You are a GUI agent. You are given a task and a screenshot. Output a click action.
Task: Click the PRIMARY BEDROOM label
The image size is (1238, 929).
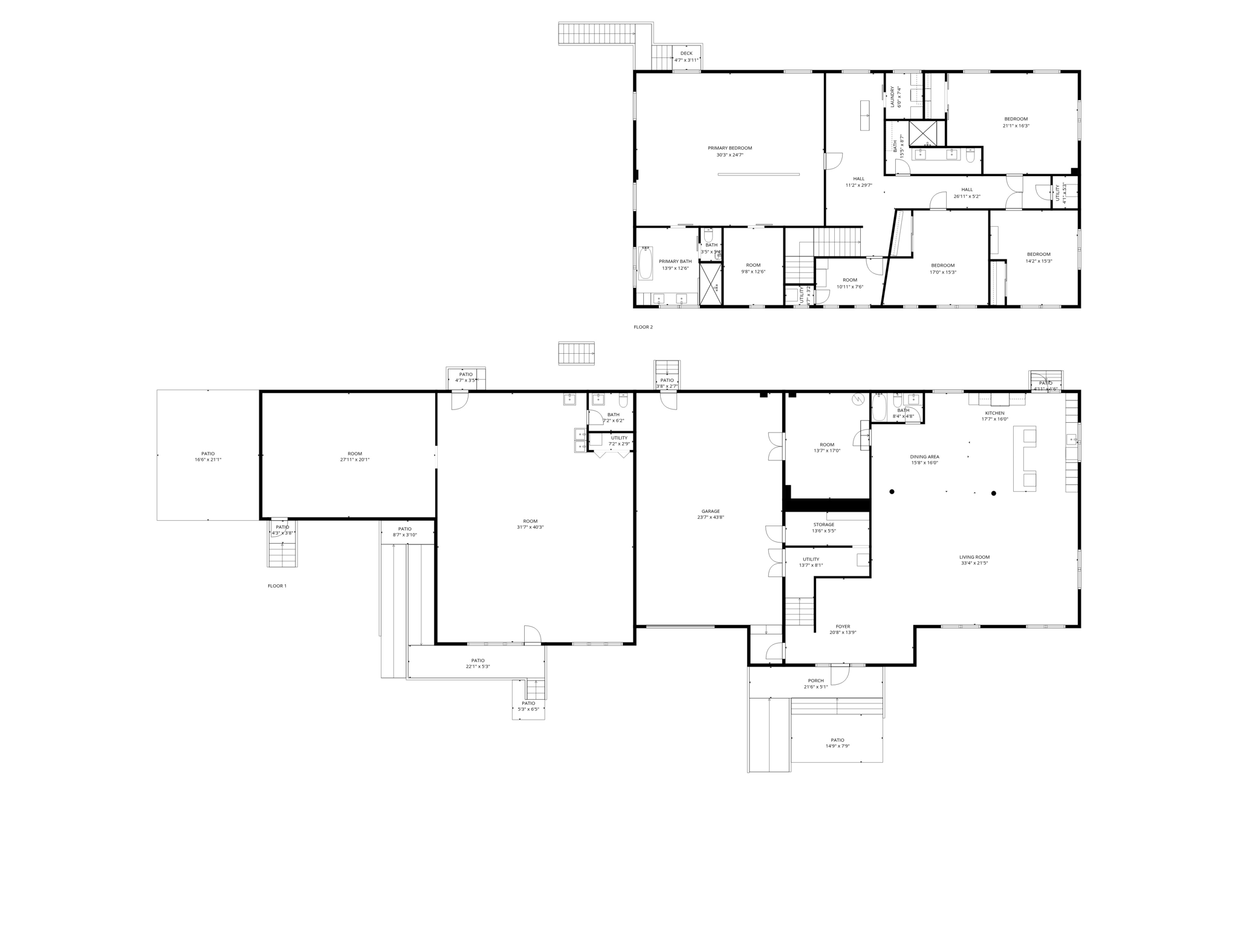[x=730, y=148]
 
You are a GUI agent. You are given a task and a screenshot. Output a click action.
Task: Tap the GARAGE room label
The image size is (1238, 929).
[x=710, y=511]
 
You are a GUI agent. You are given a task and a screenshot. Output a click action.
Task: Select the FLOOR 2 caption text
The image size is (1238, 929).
[x=643, y=327]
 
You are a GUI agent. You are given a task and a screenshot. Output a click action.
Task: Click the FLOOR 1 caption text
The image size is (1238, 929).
[x=277, y=586]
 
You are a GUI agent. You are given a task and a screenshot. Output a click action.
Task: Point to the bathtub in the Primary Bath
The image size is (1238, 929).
[x=646, y=264]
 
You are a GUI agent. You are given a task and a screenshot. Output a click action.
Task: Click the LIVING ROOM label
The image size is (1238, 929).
[x=974, y=557]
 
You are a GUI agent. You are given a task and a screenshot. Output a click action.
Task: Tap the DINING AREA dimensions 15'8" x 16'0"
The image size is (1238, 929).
[x=924, y=463]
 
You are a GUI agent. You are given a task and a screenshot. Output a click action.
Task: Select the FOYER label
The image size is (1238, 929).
[x=843, y=627]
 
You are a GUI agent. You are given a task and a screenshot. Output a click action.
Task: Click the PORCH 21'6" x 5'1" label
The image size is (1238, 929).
[x=815, y=683]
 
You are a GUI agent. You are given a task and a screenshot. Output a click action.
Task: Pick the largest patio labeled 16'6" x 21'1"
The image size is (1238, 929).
[x=208, y=457]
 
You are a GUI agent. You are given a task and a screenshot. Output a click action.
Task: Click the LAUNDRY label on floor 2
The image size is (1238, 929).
[x=892, y=97]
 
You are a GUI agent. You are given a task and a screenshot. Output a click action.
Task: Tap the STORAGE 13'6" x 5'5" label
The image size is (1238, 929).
[x=823, y=527]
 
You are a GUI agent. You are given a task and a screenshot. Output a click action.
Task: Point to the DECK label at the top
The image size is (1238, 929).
[x=686, y=53]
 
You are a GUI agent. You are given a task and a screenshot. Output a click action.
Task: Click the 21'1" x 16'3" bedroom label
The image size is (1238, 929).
[x=1016, y=122]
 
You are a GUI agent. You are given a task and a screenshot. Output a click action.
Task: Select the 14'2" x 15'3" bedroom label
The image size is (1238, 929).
[x=1039, y=258]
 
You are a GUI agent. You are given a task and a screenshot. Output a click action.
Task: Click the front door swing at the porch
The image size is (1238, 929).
[x=840, y=673]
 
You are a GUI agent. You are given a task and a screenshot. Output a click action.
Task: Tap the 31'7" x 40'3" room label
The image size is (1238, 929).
[x=530, y=524]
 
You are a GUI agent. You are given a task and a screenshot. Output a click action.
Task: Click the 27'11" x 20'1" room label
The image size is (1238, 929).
[x=355, y=457]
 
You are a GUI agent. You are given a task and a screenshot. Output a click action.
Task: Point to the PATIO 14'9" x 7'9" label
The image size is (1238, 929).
[x=837, y=743]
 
